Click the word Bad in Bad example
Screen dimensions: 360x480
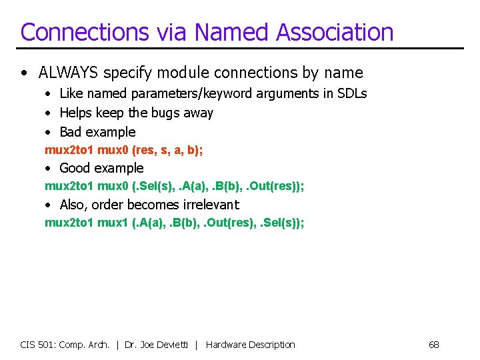(71, 132)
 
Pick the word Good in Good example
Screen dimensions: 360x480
(75, 168)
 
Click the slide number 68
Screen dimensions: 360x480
(433, 345)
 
